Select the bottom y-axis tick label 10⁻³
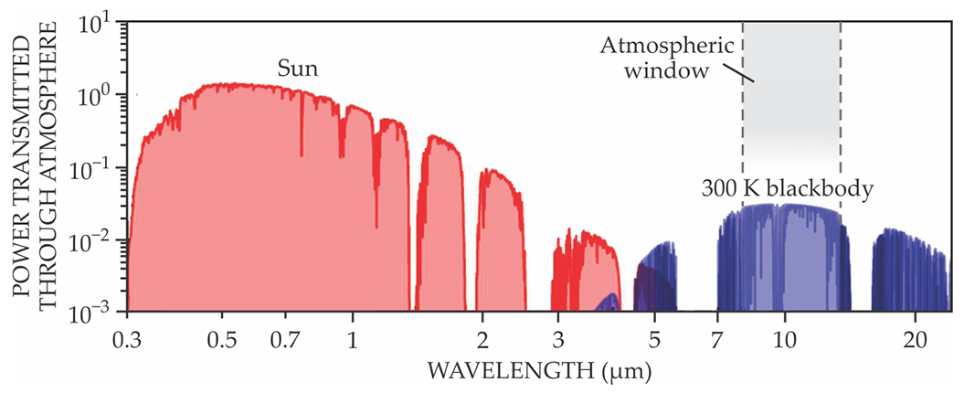point(93,313)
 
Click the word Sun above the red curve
point(298,69)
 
